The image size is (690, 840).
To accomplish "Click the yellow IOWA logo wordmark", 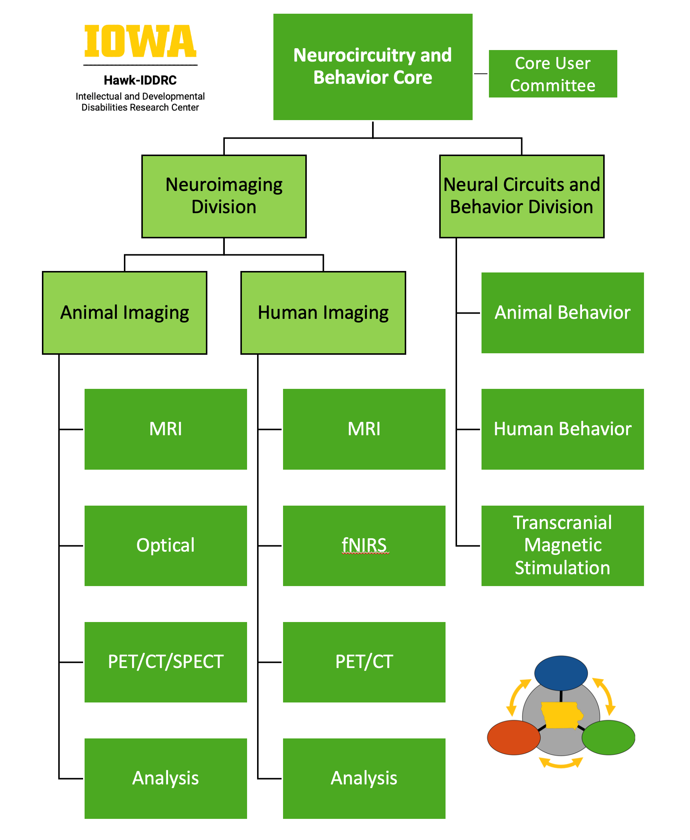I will pos(140,41).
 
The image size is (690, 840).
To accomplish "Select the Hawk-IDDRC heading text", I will pos(140,80).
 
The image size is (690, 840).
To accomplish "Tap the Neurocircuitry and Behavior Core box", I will pos(372,67).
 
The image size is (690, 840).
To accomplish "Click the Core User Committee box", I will pos(552,74).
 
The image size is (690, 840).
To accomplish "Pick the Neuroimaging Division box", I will pos(224,196).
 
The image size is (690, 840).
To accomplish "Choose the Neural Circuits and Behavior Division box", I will pos(522,196).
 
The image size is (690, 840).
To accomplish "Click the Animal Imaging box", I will pos(124,312).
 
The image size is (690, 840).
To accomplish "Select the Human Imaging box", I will pos(323,312).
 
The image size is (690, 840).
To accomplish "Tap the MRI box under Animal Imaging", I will pos(165,429).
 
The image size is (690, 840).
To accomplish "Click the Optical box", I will pos(165,545).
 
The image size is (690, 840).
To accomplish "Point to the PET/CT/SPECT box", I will pos(165,662).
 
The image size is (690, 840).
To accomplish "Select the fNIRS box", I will pos(364,545).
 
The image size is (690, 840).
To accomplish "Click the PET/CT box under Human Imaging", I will pos(364,662).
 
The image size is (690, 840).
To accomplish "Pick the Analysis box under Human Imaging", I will pos(364,778).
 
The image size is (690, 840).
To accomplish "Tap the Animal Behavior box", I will pos(562,312).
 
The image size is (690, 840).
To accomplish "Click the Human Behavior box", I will pos(562,429).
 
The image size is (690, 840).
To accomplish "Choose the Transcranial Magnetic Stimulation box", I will pos(562,545).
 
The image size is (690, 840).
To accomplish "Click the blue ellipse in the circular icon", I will pos(561,673).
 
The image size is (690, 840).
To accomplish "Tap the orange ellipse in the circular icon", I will pos(513,737).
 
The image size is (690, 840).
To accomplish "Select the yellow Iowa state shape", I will pos(561,715).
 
